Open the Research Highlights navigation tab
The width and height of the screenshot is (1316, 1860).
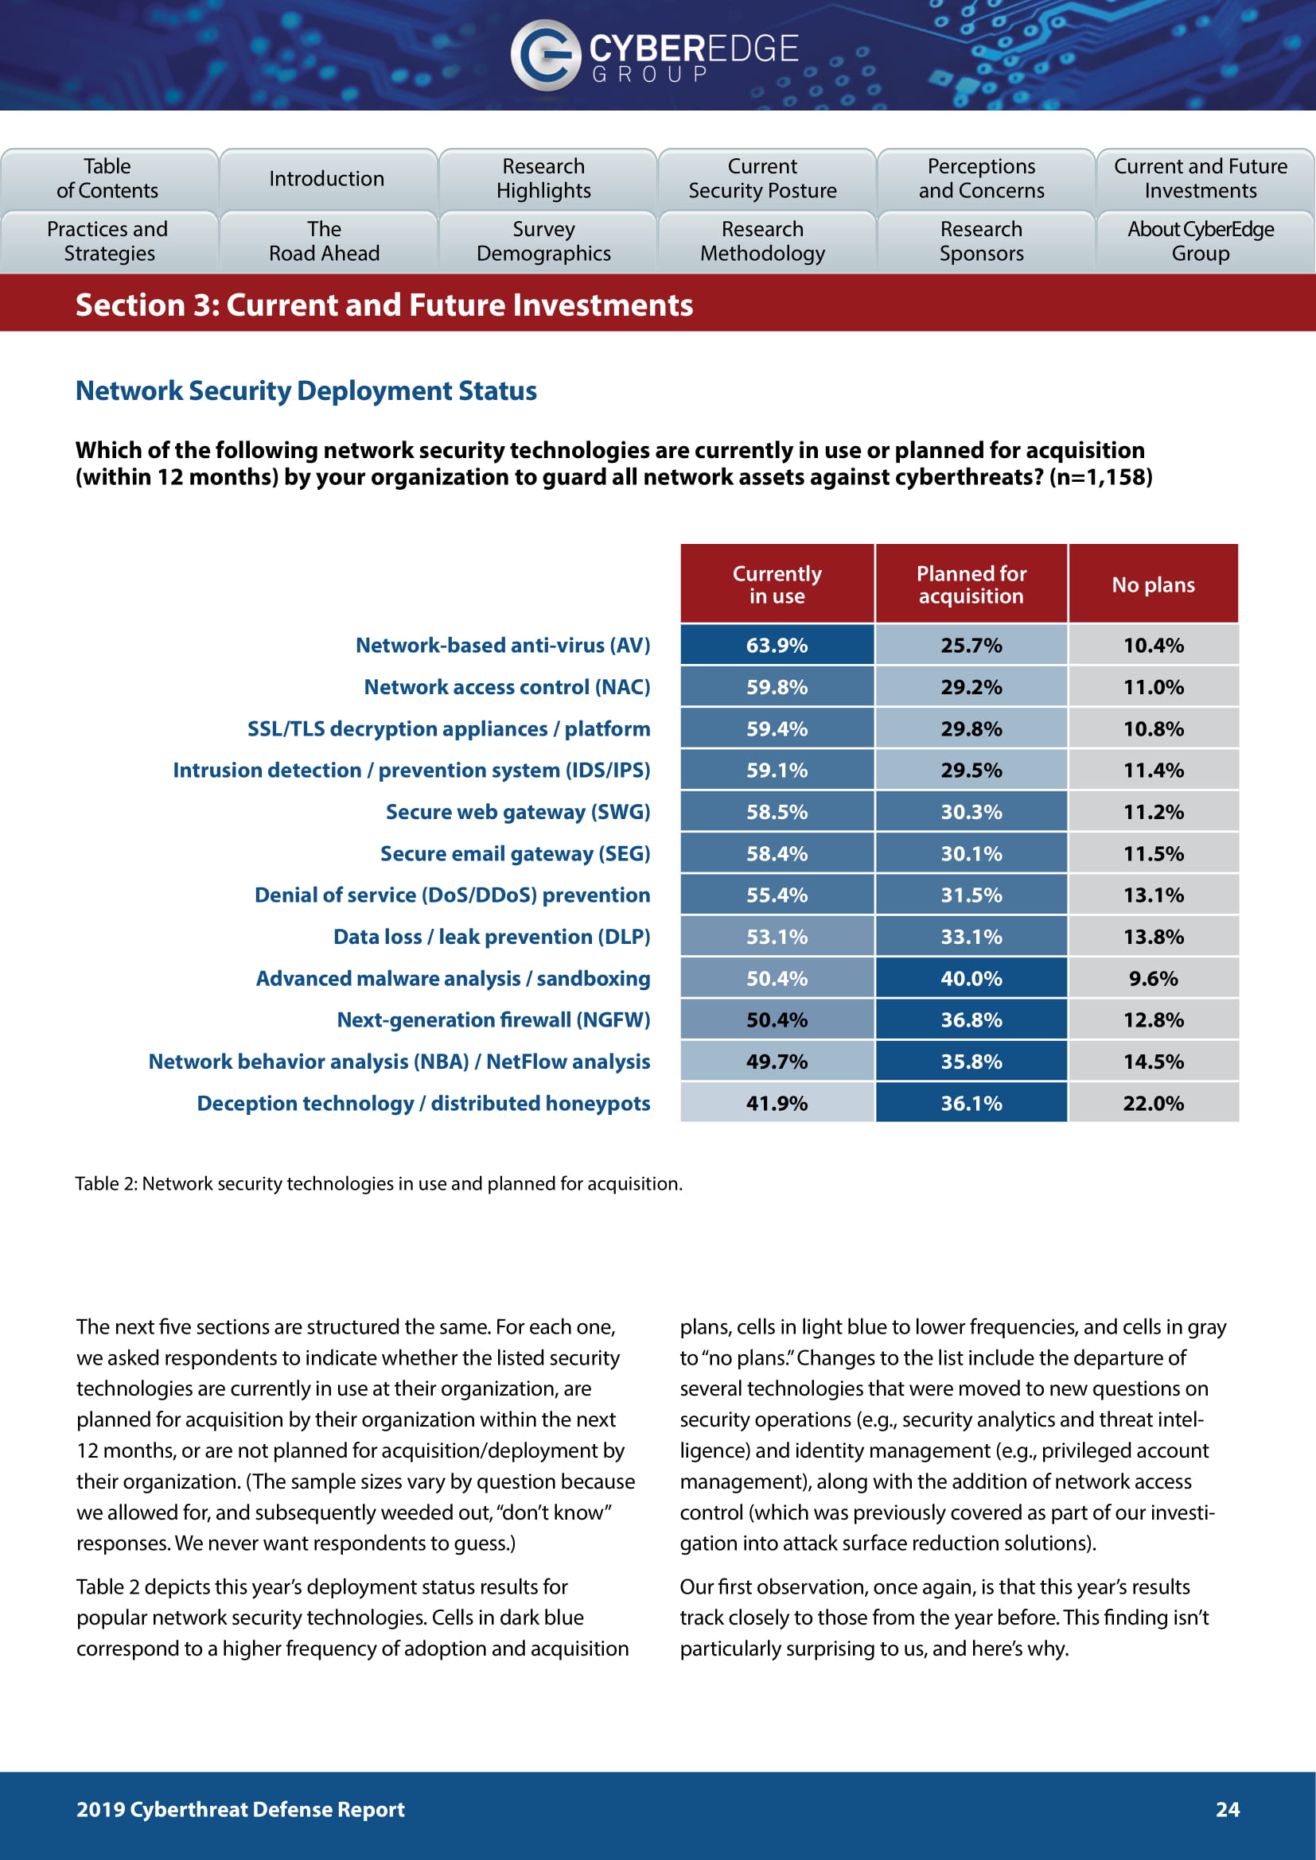pos(543,178)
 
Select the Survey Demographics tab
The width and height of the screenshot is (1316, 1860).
pos(543,242)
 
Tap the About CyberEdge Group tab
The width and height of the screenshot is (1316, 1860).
pos(1200,242)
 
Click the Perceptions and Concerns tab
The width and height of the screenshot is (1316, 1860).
pos(981,178)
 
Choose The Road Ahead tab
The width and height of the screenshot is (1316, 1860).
pos(324,242)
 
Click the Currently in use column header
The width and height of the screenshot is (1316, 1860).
pos(777,584)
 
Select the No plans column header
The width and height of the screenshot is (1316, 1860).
pos(1152,584)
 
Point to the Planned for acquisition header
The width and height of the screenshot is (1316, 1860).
pos(971,584)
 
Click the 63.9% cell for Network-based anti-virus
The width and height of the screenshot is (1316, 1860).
pos(777,645)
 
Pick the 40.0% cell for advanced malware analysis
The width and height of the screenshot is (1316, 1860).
pos(971,978)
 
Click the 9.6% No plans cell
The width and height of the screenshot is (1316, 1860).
pos(1152,978)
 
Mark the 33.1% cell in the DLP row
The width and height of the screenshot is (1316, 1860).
pos(971,937)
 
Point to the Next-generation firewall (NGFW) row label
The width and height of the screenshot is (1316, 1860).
pos(493,1019)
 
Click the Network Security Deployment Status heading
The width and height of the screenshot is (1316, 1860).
pos(306,390)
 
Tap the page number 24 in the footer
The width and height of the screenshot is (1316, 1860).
pos(1227,1809)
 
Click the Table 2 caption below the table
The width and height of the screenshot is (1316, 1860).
pos(379,1183)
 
